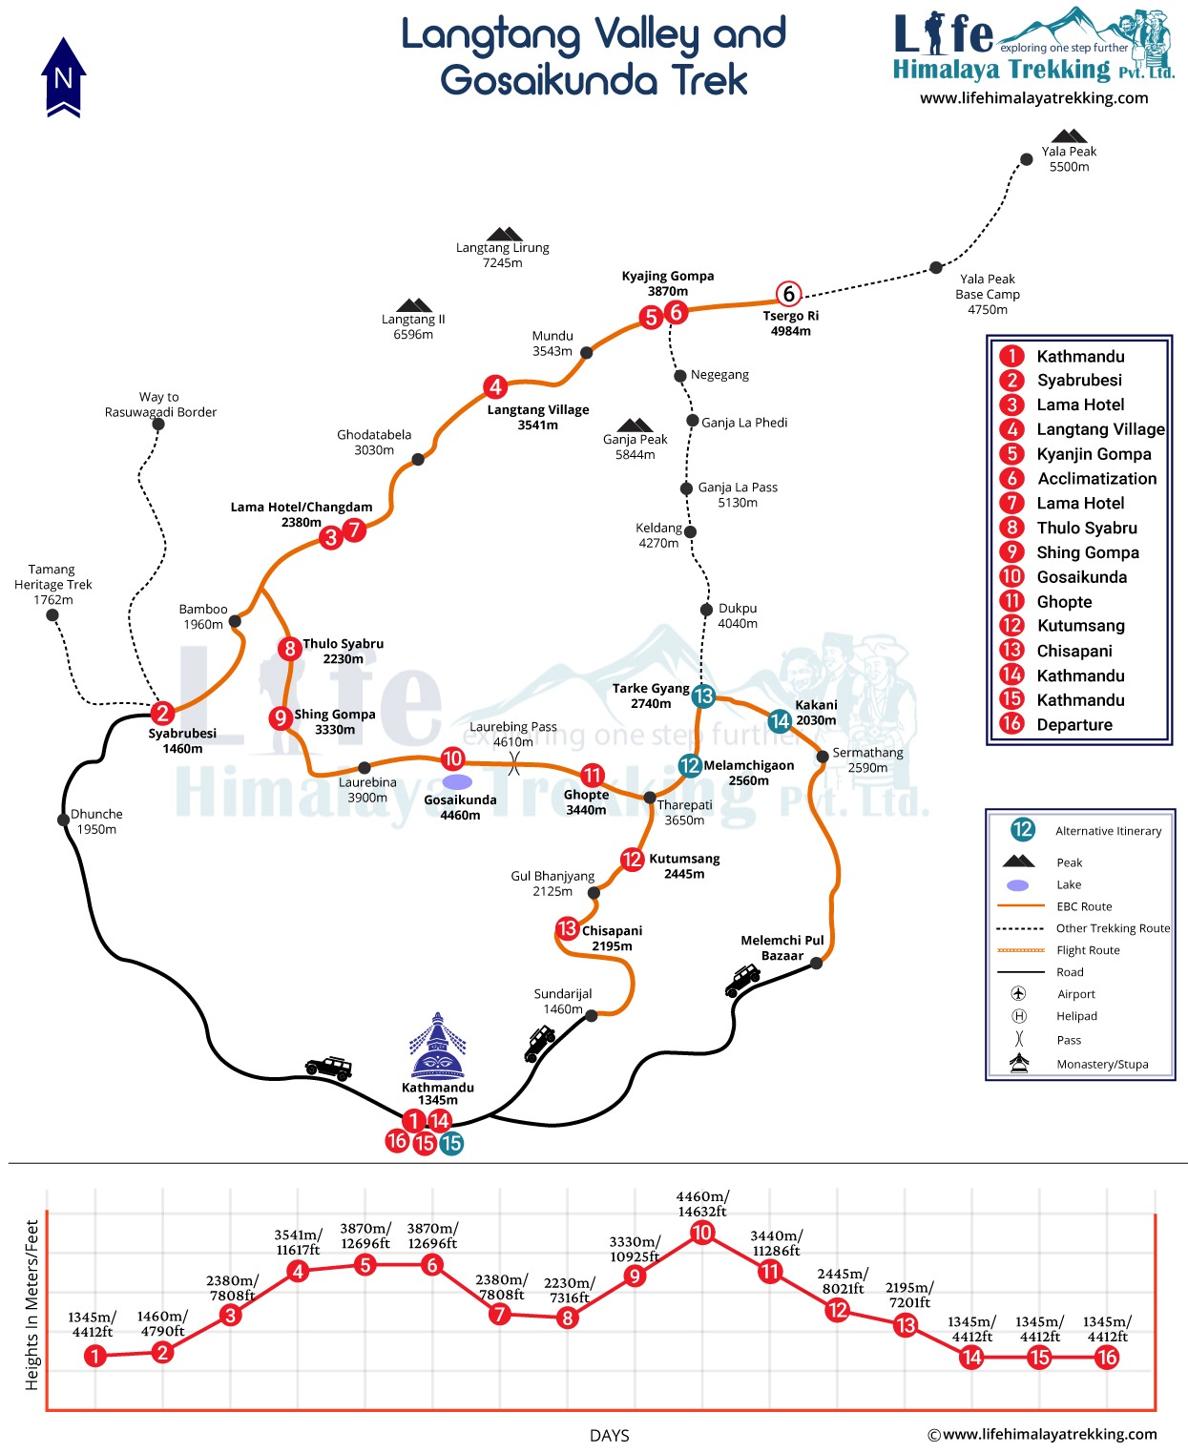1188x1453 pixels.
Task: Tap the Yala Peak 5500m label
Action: (1069, 159)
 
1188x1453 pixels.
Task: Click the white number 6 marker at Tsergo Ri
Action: (788, 294)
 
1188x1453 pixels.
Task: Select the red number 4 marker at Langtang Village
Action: (494, 386)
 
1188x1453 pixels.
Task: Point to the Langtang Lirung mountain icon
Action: (504, 235)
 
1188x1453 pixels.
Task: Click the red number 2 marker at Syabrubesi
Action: (162, 713)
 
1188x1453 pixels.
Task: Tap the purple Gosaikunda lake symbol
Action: (458, 781)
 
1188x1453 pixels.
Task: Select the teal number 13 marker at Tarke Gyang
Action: (703, 695)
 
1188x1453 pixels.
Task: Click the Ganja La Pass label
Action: (738, 494)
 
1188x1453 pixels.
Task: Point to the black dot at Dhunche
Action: (63, 820)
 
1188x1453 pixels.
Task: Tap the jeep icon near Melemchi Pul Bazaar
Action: (742, 979)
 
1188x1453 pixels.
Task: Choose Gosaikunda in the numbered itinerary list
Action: (1081, 577)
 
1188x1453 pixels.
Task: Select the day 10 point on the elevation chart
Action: (701, 1233)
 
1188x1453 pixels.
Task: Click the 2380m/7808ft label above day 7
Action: (502, 1287)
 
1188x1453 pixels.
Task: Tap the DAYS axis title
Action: (609, 1436)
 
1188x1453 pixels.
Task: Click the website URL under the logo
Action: (1033, 98)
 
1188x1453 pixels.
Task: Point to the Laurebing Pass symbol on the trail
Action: (514, 763)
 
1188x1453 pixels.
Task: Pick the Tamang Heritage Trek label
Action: (53, 584)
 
